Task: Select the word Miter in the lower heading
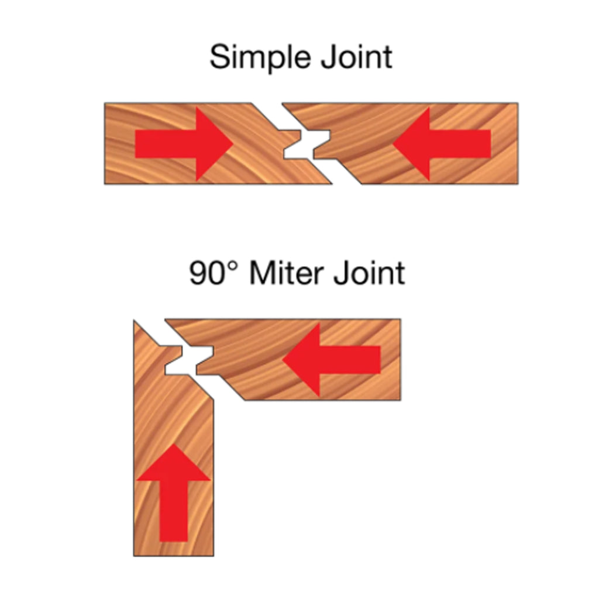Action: (287, 273)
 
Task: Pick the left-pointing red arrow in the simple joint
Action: (442, 144)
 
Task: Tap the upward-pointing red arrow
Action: (174, 491)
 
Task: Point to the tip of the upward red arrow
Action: (174, 445)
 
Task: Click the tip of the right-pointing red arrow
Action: (233, 144)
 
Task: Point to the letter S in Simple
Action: (219, 58)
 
